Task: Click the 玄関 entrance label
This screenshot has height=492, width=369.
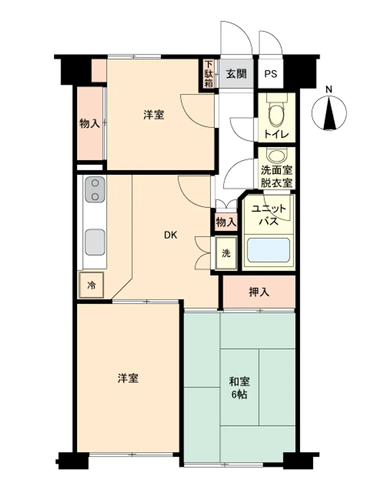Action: [x=236, y=74]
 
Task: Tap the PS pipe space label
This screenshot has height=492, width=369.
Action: [x=271, y=74]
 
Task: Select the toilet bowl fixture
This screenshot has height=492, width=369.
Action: [x=277, y=113]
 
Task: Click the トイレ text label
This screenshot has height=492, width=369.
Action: [x=276, y=135]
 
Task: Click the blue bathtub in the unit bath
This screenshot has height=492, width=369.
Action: [x=269, y=250]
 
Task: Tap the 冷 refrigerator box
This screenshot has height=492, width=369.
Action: [x=92, y=285]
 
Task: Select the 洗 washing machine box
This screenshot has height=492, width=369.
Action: [x=226, y=253]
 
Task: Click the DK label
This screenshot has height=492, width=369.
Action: [x=171, y=235]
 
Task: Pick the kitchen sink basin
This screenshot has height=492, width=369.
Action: [x=95, y=242]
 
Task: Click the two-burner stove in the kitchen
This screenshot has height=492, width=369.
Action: [x=95, y=189]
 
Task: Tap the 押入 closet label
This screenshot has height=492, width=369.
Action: [x=259, y=292]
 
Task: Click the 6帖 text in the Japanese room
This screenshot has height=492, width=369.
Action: [x=240, y=395]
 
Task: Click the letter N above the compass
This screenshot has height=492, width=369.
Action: [x=329, y=90]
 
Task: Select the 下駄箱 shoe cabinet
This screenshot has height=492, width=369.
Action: [x=209, y=74]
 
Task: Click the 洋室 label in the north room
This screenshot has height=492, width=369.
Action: [x=154, y=115]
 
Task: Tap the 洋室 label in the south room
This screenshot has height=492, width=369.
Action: [x=128, y=378]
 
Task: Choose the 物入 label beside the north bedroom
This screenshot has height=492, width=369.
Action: [x=90, y=123]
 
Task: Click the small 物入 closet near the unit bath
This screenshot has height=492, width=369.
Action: [x=226, y=222]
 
